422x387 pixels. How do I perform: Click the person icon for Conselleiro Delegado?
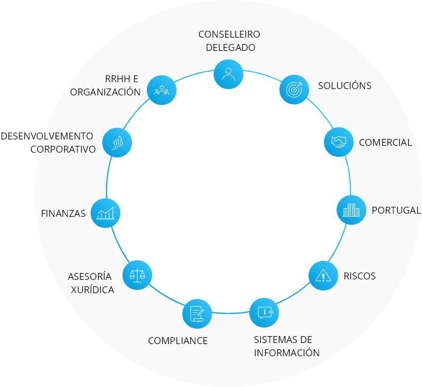coord(228,74)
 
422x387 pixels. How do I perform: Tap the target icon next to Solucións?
coord(294,90)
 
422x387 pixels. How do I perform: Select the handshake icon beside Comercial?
coord(339,142)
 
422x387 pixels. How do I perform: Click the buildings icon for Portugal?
coord(351,210)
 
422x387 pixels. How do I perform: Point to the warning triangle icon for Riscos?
coord(323,276)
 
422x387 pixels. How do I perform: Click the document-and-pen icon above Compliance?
coord(197,313)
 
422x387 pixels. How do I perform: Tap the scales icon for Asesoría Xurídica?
coord(137,275)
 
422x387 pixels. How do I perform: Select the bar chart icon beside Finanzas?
coord(105,213)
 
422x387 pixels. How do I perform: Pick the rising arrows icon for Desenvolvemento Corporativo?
coord(117,143)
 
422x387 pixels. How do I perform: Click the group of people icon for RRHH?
coord(162,90)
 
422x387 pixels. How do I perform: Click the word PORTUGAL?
coord(396,210)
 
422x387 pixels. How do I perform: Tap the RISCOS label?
coord(359,276)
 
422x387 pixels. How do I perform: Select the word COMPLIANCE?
coord(178,341)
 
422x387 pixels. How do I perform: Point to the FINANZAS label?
coord(63,214)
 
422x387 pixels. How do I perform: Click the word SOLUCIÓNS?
coord(345,85)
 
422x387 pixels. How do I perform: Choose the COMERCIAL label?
coord(385,143)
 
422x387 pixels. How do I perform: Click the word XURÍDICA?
coord(93,289)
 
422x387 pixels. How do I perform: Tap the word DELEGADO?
coord(231,48)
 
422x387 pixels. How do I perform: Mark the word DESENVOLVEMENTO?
coord(47,136)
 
